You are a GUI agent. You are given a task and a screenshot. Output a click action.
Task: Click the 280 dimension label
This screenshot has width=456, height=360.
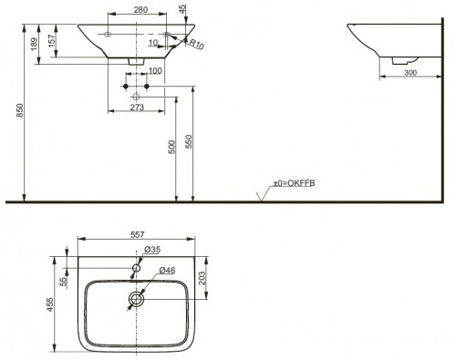[140, 10]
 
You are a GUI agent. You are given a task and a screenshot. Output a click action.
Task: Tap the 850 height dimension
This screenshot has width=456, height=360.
[20, 110]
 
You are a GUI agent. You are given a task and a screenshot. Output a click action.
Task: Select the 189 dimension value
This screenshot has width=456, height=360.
[34, 44]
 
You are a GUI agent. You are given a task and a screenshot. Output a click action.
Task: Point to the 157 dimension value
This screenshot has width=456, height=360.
[52, 41]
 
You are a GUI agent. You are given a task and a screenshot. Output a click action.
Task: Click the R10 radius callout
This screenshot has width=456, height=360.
[196, 44]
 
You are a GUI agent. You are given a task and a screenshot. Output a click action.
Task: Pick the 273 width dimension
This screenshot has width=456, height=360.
[137, 108]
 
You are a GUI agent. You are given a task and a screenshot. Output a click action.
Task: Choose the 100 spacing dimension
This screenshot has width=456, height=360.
[155, 71]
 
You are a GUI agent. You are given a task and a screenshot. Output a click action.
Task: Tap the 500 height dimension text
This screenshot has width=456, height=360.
[172, 147]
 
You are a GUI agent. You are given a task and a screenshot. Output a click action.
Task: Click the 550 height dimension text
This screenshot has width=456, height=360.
[189, 141]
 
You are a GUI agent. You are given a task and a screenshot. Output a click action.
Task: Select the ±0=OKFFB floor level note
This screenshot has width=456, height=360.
[294, 183]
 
